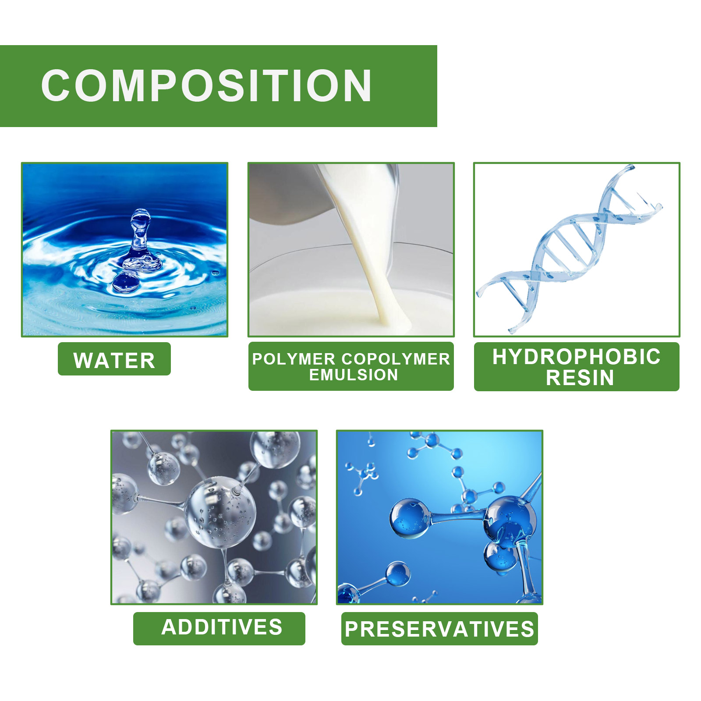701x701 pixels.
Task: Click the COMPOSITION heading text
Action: click(x=206, y=85)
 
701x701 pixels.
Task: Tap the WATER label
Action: click(x=114, y=361)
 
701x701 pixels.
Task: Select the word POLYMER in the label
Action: click(x=294, y=359)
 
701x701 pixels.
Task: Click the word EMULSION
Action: click(x=354, y=375)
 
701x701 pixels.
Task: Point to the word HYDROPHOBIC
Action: click(x=577, y=357)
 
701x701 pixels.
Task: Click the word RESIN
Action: click(x=580, y=378)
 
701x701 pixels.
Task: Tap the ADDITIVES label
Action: click(x=222, y=627)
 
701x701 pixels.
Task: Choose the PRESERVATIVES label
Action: click(x=439, y=629)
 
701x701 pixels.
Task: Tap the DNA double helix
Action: click(x=570, y=248)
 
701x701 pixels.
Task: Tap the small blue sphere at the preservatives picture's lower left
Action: click(x=398, y=574)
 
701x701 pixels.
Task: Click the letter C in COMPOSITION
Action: click(x=57, y=85)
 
